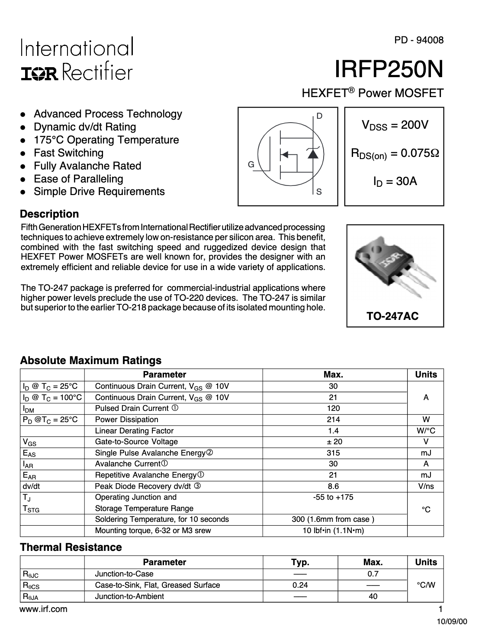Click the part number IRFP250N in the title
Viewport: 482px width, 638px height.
pyautogui.click(x=389, y=69)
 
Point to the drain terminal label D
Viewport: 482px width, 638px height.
pyautogui.click(x=319, y=116)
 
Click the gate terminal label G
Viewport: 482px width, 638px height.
pyautogui.click(x=251, y=165)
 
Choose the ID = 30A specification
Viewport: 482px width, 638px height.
pyautogui.click(x=395, y=181)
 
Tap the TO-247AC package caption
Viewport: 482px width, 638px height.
pyautogui.click(x=393, y=316)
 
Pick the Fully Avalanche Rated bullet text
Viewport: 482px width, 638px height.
pyautogui.click(x=87, y=166)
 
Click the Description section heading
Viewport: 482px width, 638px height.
pyautogui.click(x=50, y=214)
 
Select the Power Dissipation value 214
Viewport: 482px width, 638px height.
pyautogui.click(x=334, y=420)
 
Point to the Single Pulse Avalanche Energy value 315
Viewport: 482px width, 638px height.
pyautogui.click(x=334, y=453)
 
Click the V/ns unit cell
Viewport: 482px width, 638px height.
pyautogui.click(x=426, y=486)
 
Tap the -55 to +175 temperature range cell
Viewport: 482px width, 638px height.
pyautogui.click(x=333, y=497)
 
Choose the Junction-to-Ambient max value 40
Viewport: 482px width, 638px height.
pyautogui.click(x=373, y=596)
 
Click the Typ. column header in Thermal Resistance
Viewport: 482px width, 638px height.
pyautogui.click(x=300, y=563)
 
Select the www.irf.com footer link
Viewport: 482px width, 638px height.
pyautogui.click(x=44, y=609)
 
